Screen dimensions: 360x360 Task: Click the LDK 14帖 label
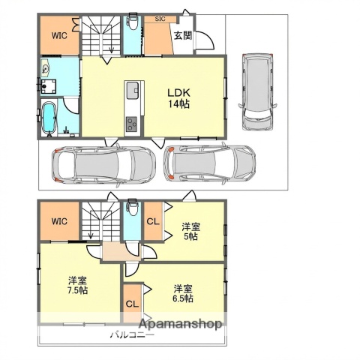coord(178,98)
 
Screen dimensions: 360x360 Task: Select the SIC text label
coord(160,19)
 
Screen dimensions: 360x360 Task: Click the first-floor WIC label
coord(60,34)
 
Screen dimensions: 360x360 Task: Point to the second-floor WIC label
coord(60,221)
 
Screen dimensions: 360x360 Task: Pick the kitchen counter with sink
coord(132,105)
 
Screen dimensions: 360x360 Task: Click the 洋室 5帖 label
coord(190,230)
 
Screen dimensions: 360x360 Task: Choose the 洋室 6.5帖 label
coord(183,292)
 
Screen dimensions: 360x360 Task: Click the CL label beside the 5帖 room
coord(152,223)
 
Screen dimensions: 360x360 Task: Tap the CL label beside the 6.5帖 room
coord(132,304)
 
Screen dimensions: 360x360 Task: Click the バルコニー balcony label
coord(132,335)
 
